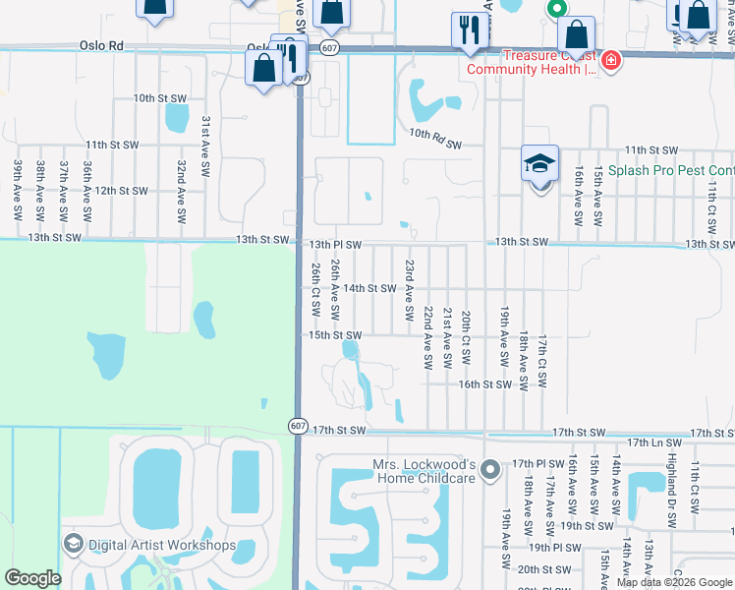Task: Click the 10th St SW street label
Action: [161, 98]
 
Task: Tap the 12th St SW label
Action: [121, 191]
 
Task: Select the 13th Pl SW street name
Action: [336, 244]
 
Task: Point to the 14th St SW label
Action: [368, 288]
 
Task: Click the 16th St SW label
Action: [485, 384]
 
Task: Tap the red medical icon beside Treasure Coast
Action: [611, 61]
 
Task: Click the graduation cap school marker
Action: [539, 164]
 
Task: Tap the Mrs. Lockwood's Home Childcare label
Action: [424, 471]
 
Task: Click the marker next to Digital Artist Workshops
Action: [73, 543]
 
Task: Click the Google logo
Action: [32, 578]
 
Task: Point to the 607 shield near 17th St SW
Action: [298, 425]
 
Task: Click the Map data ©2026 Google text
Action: [674, 582]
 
